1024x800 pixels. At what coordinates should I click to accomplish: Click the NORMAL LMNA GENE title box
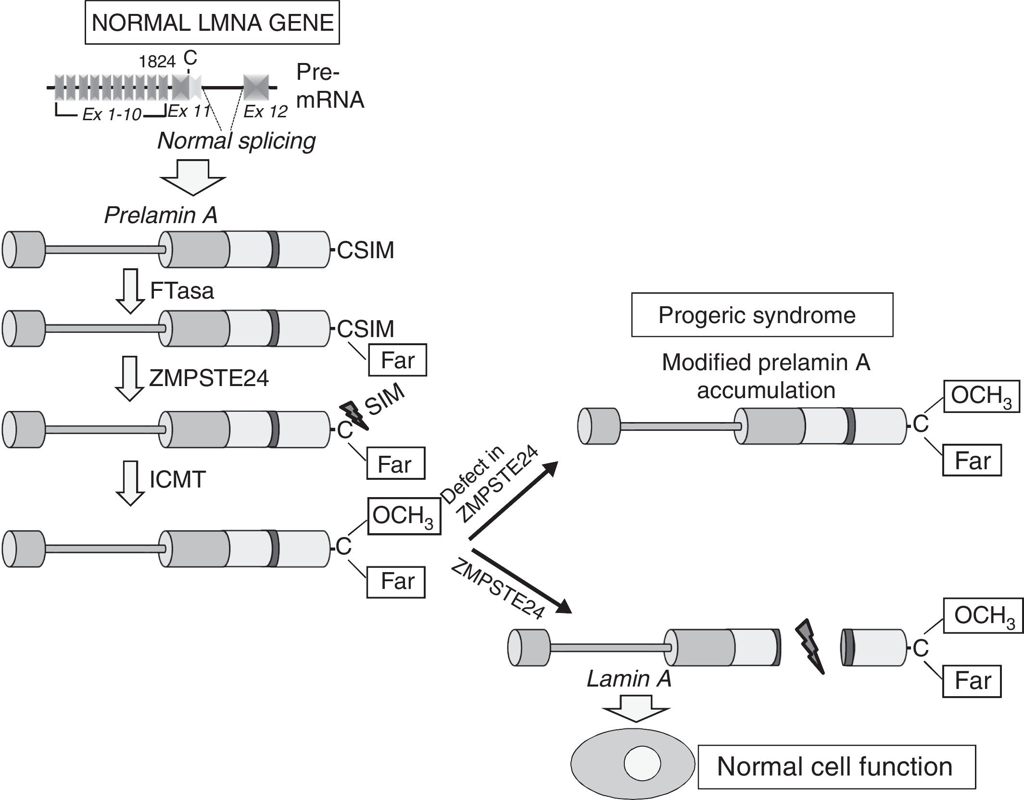coord(212,23)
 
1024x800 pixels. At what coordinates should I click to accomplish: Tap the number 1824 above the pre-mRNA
coord(157,62)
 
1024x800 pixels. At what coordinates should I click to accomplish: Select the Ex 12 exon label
coord(265,112)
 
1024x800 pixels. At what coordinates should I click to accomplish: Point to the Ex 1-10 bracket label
coord(112,114)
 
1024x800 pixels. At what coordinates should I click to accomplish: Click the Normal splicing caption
coord(236,141)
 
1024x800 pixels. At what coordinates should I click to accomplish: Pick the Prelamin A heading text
coord(161,215)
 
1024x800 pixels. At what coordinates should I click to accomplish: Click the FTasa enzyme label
coord(181,291)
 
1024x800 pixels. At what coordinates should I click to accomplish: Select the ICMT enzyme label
coord(177,479)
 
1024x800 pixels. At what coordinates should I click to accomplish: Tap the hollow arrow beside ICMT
coord(130,483)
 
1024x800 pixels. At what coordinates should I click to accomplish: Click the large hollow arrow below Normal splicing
coord(193,178)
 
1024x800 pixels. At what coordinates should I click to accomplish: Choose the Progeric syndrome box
coord(762,315)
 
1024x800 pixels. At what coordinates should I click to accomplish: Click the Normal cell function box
coord(836,766)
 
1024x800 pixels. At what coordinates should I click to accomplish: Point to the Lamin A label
coord(629,679)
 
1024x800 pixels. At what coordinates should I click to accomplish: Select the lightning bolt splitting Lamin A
coord(811,647)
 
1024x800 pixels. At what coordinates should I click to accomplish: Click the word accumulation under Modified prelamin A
coord(766,390)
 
